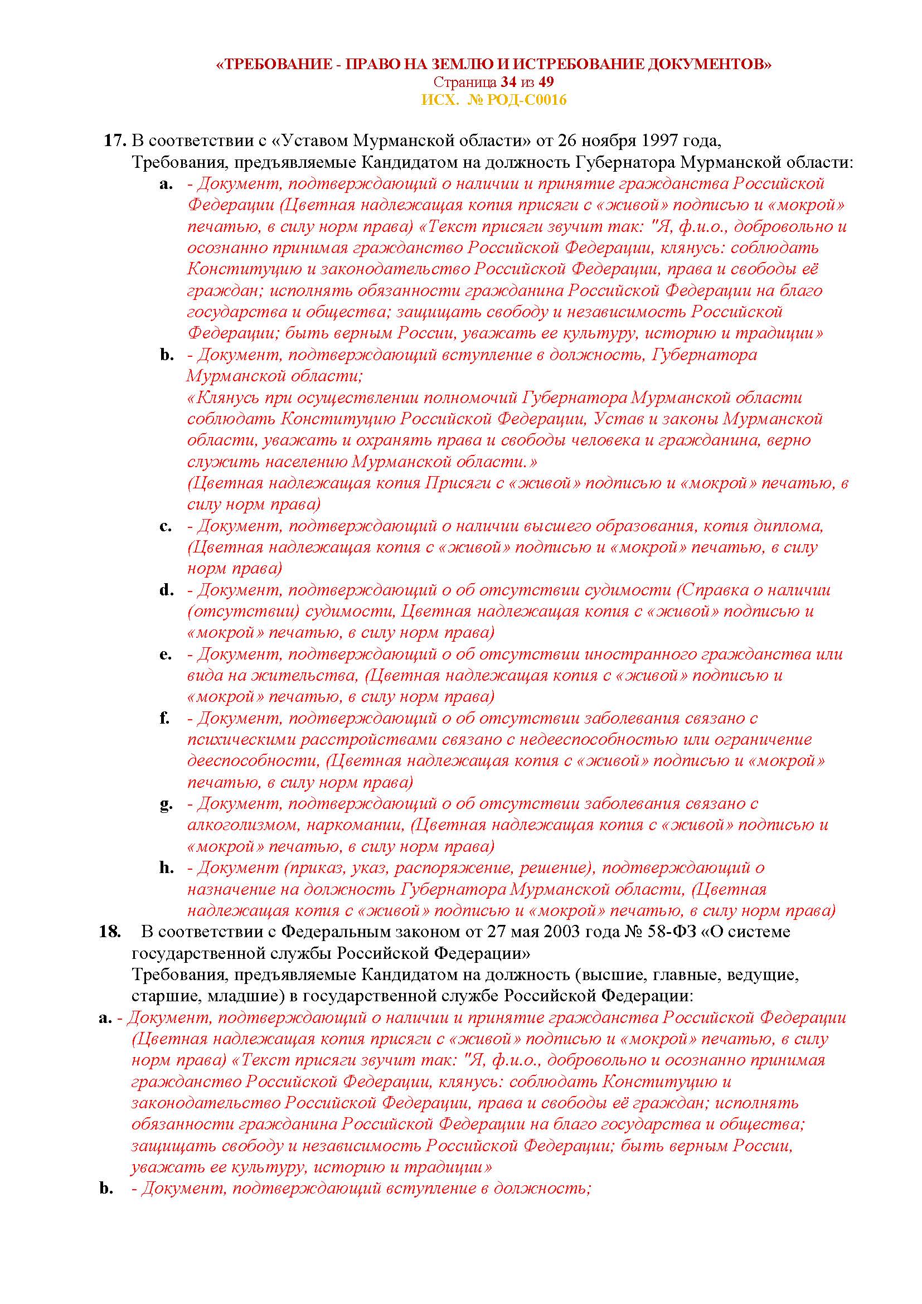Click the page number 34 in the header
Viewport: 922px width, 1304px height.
click(509, 83)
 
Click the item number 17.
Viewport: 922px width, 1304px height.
click(115, 141)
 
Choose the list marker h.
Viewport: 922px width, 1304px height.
click(166, 868)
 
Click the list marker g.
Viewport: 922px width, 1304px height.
click(166, 804)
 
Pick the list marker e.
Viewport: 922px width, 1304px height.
click(166, 655)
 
